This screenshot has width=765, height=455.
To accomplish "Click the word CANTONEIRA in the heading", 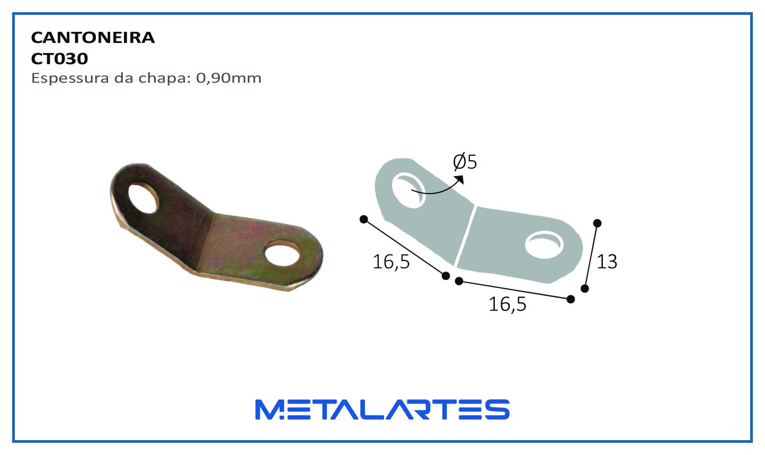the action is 93,38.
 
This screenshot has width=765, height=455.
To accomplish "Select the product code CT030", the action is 60,59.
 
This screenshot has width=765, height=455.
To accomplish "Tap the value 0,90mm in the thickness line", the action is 228,78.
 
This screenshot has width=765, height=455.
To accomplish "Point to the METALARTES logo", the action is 382,409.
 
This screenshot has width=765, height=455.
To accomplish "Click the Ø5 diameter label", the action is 465,162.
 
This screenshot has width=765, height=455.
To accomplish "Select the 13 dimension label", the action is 607,262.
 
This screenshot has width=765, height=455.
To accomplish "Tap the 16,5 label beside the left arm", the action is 391,262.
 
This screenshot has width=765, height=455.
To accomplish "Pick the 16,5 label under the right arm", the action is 508,304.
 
